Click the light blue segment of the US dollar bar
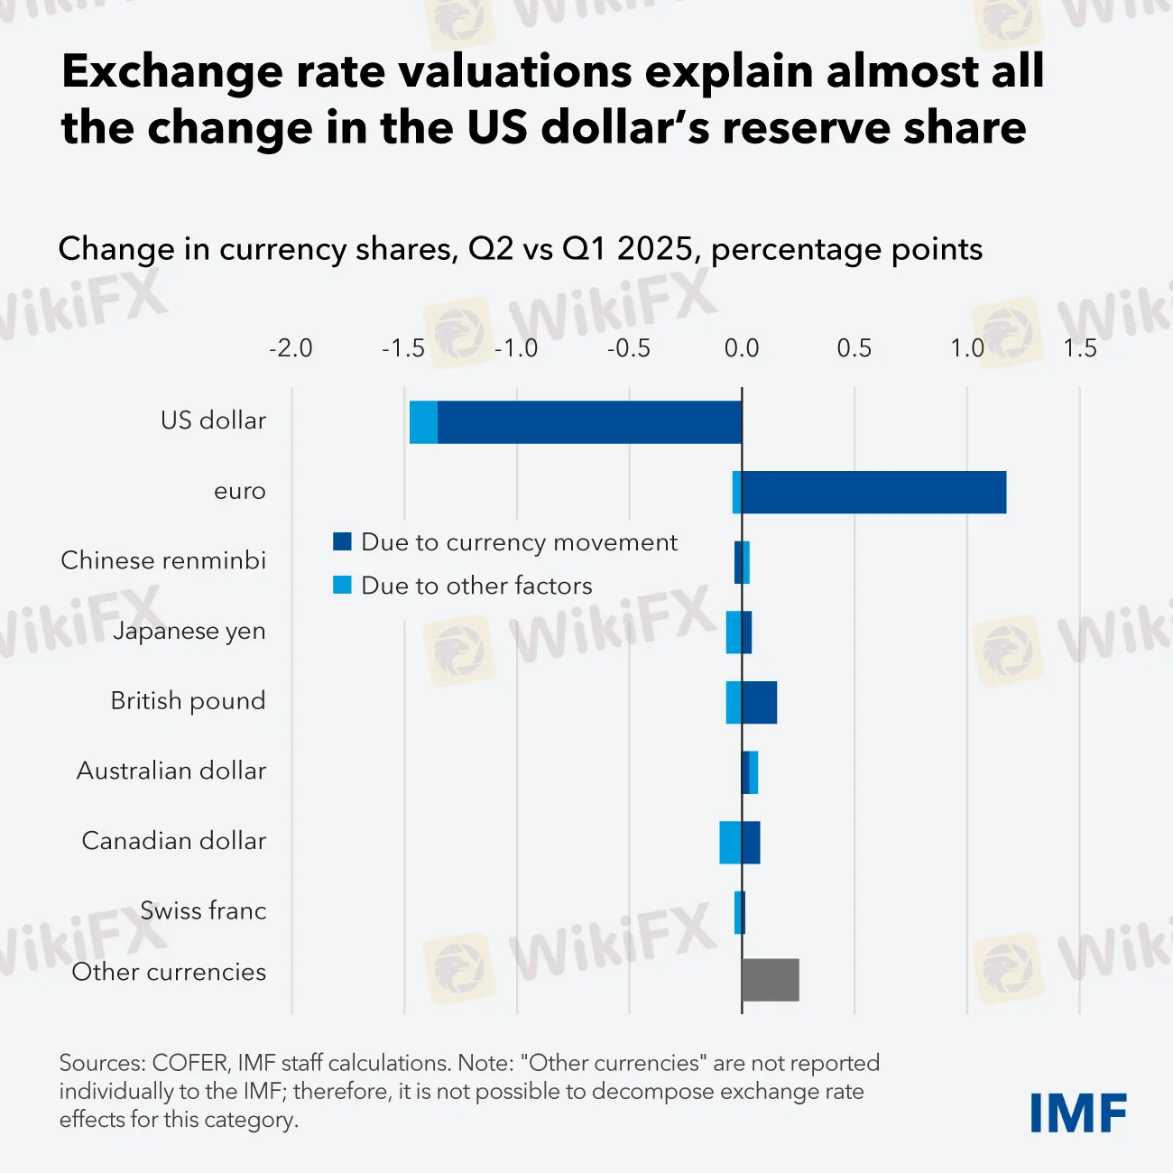[423, 422]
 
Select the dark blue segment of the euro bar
[873, 493]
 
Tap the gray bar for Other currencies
[770, 980]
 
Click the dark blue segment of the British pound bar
[759, 703]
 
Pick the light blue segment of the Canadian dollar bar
[730, 843]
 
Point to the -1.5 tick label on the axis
[403, 348]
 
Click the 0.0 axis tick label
[742, 348]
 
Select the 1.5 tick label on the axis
[1079, 348]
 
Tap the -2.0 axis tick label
[291, 348]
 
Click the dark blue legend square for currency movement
[342, 541]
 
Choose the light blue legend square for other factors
[342, 585]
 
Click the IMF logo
[1078, 1113]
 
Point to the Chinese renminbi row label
[163, 560]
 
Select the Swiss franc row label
[203, 910]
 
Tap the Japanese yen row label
[189, 631]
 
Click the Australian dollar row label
[171, 771]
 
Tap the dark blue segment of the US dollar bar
[589, 422]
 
